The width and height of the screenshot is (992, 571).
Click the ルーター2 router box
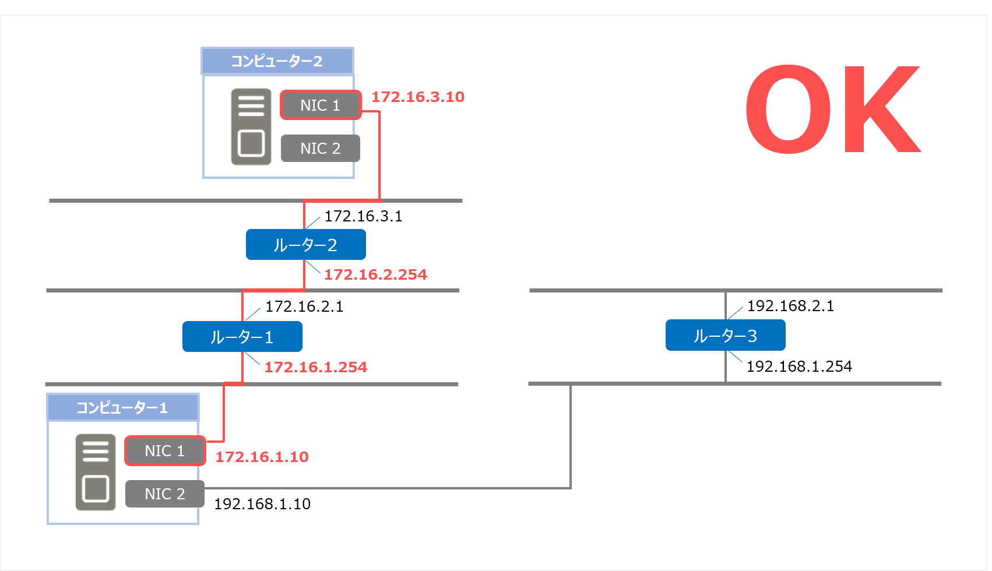point(305,245)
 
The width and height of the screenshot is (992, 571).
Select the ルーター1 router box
point(242,337)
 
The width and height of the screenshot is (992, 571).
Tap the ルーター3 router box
point(725,336)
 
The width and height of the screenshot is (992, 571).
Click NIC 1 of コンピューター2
point(321,105)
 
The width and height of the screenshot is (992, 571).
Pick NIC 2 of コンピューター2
point(321,149)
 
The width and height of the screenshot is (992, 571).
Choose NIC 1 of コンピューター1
point(165,451)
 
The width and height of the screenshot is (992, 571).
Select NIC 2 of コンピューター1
point(165,494)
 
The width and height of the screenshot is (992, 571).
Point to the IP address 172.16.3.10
point(418,97)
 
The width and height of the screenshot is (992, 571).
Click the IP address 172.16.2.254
point(375,274)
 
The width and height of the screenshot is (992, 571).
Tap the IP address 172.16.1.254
point(315,367)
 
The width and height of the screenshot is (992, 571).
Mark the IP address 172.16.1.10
point(262,457)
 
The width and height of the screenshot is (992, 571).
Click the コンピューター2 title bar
point(277,61)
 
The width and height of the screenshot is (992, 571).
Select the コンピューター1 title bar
point(122,407)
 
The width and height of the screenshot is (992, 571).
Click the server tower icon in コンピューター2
point(251,127)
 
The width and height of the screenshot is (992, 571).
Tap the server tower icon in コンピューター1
point(96,473)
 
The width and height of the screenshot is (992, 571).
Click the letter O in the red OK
point(788,109)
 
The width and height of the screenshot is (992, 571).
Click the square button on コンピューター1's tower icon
point(96,488)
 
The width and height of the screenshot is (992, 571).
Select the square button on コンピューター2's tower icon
point(251,143)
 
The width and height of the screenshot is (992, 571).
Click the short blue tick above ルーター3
point(736,313)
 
